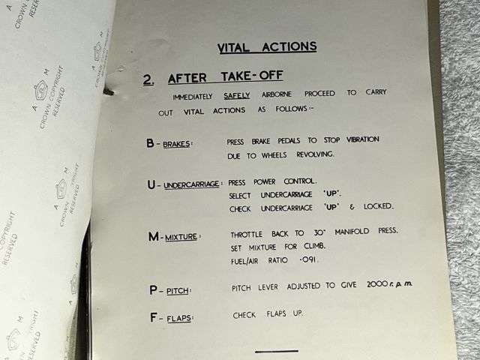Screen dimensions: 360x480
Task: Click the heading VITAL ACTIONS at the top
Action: [x=267, y=47]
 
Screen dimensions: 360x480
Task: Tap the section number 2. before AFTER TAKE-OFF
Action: [x=149, y=79]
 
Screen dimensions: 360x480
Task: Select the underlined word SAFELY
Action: [x=236, y=96]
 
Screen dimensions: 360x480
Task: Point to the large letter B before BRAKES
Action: [x=150, y=142]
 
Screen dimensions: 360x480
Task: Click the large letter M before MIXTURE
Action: [x=153, y=236]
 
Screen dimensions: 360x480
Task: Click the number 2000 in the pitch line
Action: [x=379, y=286]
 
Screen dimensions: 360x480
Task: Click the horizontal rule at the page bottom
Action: [x=276, y=351]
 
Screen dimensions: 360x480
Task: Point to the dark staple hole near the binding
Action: [x=110, y=93]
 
